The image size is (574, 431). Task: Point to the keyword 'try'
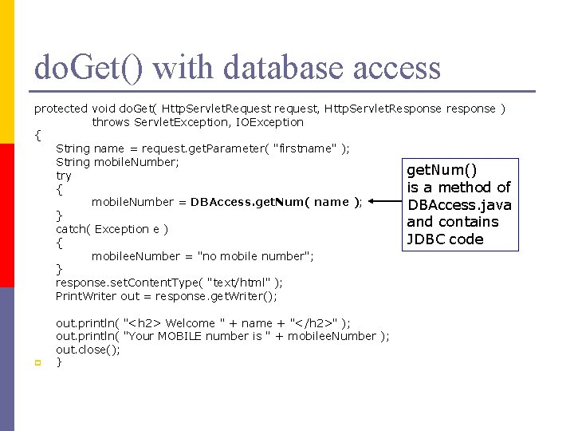tap(64, 176)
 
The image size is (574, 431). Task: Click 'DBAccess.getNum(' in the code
tap(247, 202)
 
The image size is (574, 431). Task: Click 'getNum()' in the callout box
tap(442, 169)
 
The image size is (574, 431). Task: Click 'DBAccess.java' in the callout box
tap(459, 204)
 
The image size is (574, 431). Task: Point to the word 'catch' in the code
tap(72, 229)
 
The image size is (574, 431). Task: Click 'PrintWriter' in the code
tap(86, 296)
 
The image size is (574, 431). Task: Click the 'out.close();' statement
tap(88, 350)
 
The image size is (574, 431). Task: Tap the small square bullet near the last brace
tap(37, 363)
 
